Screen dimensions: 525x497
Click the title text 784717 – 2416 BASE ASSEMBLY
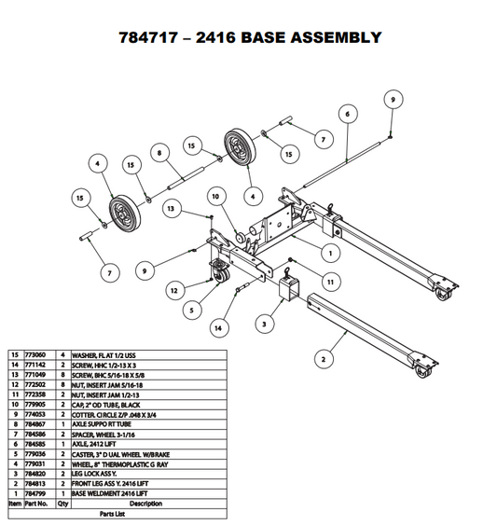coord(249,38)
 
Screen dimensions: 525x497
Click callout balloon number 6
coord(346,114)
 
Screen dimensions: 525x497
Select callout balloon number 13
coord(172,210)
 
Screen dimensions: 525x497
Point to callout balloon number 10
coord(214,197)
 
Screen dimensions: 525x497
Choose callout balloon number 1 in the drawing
coord(331,251)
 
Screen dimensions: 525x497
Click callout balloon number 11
coord(329,280)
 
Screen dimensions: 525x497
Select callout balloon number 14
coord(218,327)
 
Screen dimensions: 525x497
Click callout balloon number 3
coord(266,324)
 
